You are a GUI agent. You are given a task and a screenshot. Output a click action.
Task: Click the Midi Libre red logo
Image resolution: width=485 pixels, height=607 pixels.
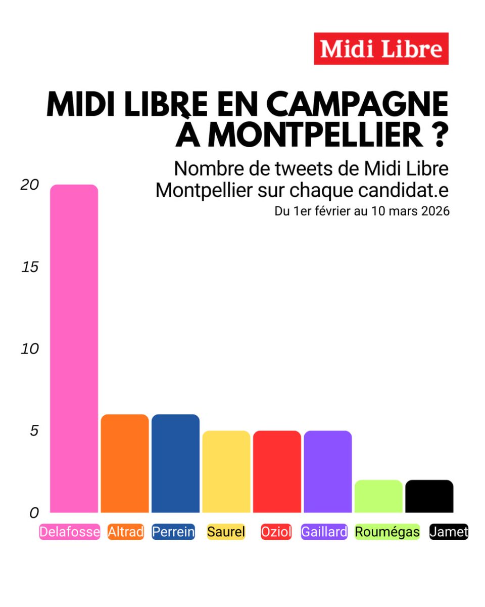pyautogui.click(x=381, y=49)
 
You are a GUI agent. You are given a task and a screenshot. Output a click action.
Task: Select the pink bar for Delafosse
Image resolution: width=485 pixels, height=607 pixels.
pyautogui.click(x=74, y=349)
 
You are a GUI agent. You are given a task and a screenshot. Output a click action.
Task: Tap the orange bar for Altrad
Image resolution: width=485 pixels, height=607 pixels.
pyautogui.click(x=125, y=463)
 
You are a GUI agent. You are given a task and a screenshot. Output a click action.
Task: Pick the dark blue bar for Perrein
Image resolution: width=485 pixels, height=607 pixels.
pyautogui.click(x=175, y=463)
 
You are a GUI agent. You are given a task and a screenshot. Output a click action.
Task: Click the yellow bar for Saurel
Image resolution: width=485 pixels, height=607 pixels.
pyautogui.click(x=226, y=471)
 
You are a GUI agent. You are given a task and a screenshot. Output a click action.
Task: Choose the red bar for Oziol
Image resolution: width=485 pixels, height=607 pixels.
pyautogui.click(x=277, y=471)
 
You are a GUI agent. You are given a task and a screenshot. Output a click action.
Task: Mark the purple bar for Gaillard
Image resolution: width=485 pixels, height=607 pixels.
pyautogui.click(x=327, y=471)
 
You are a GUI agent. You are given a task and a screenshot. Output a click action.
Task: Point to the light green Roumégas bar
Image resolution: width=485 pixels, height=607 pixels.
pyautogui.click(x=378, y=496)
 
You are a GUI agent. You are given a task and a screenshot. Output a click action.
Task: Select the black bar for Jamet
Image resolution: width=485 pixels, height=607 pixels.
pyautogui.click(x=429, y=496)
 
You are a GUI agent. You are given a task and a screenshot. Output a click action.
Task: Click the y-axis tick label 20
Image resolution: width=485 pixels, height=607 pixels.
pyautogui.click(x=30, y=185)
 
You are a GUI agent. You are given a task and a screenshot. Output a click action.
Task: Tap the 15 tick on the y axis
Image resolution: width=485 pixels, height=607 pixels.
pyautogui.click(x=30, y=267)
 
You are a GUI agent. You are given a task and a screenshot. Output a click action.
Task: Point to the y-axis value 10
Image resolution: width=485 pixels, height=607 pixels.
pyautogui.click(x=30, y=349)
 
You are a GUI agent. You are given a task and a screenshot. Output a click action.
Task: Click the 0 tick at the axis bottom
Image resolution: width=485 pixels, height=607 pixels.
pyautogui.click(x=34, y=513)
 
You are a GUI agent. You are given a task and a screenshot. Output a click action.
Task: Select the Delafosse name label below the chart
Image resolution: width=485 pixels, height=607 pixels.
pyautogui.click(x=69, y=532)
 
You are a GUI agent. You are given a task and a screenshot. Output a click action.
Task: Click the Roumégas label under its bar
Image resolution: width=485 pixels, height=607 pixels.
pyautogui.click(x=387, y=532)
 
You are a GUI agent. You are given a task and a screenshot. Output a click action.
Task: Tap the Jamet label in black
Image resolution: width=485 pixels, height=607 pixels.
pyautogui.click(x=449, y=532)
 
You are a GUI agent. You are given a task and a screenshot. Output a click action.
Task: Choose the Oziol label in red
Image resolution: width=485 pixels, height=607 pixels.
pyautogui.click(x=276, y=532)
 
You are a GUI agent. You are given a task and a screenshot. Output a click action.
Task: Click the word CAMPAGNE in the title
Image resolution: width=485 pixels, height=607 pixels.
pyautogui.click(x=357, y=105)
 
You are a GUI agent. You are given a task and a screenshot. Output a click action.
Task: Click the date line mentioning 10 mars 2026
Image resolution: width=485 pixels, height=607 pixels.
pyautogui.click(x=362, y=211)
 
